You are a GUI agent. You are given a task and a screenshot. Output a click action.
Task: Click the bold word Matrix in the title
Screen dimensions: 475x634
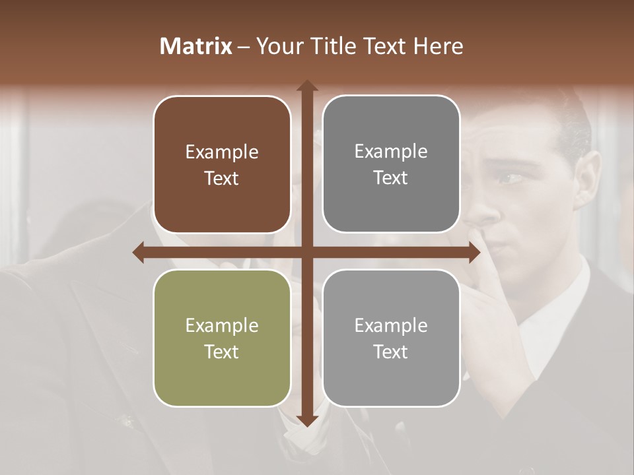196,46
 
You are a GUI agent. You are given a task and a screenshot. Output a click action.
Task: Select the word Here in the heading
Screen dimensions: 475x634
438,46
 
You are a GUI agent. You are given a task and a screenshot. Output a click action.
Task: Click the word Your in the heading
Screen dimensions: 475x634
277,46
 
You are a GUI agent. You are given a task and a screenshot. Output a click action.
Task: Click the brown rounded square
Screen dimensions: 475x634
222,165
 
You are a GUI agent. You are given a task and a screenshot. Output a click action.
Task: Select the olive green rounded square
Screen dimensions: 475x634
222,338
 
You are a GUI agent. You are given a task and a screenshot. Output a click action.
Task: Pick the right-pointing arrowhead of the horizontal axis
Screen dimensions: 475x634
474,252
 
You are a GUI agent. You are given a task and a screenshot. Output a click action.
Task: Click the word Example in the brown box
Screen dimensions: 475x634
222,152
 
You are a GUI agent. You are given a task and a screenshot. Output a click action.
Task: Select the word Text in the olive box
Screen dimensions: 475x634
222,352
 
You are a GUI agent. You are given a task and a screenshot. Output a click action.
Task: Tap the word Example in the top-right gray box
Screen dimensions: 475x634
391,152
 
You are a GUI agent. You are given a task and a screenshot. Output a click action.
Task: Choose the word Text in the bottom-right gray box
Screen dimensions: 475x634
391,352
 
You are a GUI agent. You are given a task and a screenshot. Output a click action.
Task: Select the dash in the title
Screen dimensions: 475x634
244,47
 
